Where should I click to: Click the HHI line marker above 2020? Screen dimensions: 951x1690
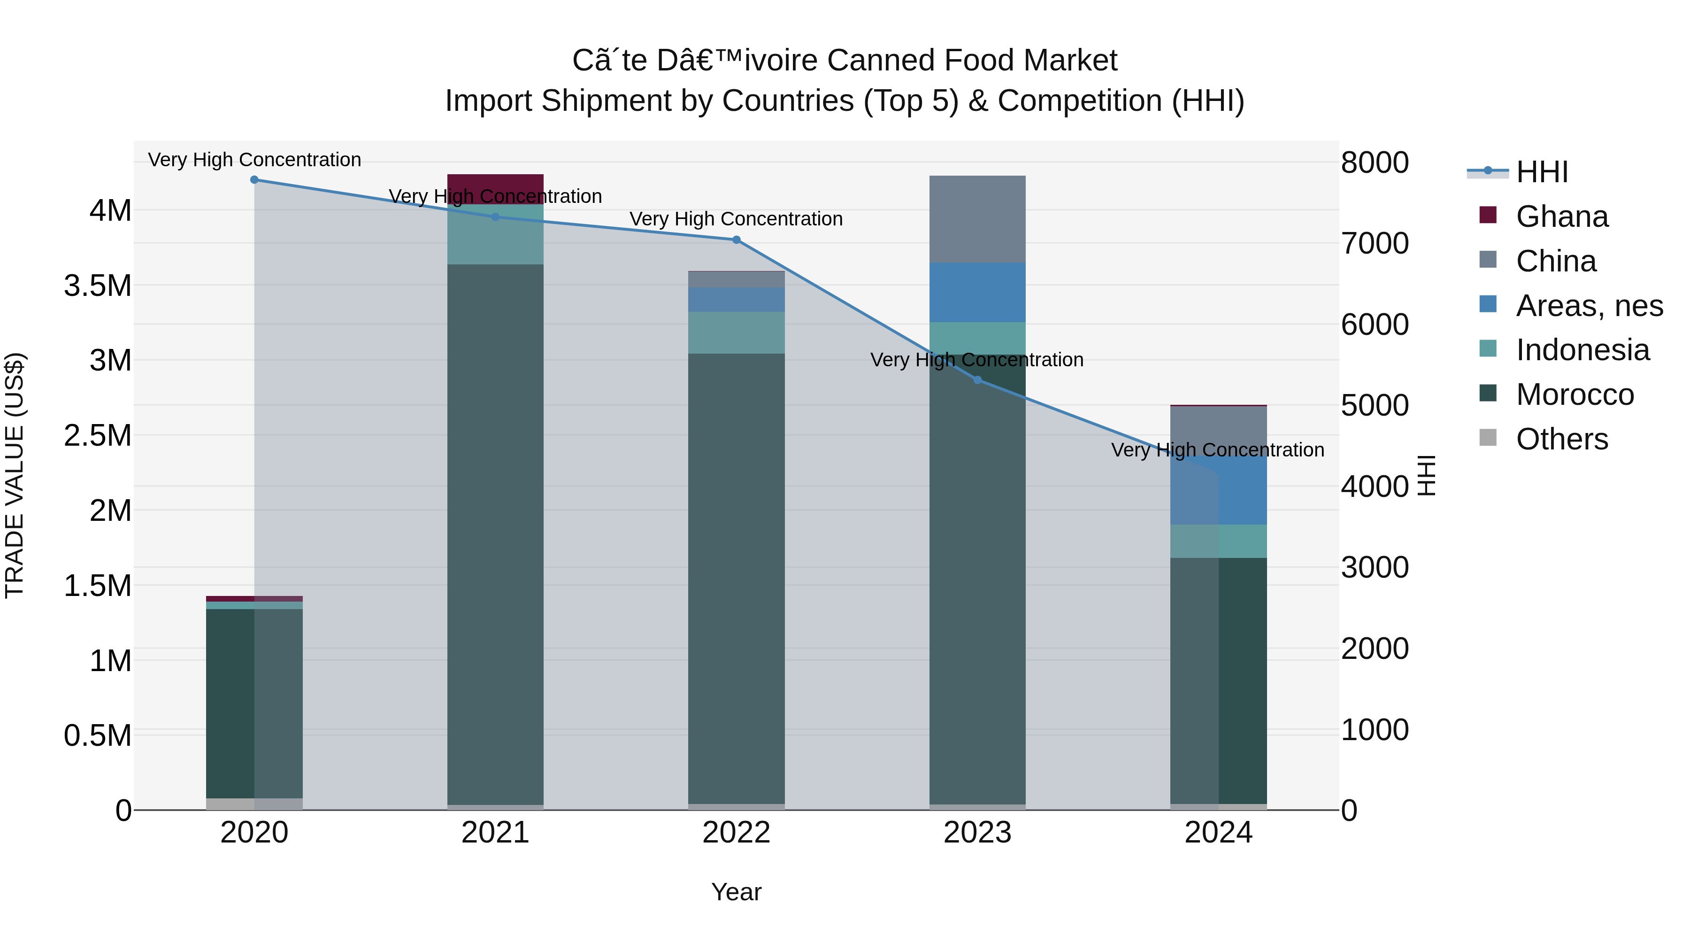click(x=254, y=179)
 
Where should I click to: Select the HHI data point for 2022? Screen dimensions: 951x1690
click(x=736, y=240)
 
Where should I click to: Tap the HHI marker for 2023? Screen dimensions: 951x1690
click(x=977, y=380)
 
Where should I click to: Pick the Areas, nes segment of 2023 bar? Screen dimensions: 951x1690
click(x=977, y=292)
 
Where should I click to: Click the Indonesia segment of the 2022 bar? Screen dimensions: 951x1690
click(x=736, y=333)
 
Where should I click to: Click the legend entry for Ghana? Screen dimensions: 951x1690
click(x=1561, y=216)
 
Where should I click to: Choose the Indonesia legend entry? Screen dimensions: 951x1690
click(x=1582, y=350)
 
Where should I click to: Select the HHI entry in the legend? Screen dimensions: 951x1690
click(x=1542, y=172)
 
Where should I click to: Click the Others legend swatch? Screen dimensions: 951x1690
click(x=1488, y=438)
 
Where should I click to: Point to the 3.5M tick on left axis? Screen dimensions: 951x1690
click(x=98, y=286)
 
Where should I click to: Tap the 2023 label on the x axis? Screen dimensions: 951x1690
click(x=977, y=833)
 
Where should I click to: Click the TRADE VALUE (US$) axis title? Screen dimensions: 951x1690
click(x=15, y=475)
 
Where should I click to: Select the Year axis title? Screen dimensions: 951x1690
click(x=736, y=892)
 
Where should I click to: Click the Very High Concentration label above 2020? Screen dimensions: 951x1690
click(x=254, y=160)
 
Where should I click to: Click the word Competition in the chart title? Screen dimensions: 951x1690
click(x=1079, y=101)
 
